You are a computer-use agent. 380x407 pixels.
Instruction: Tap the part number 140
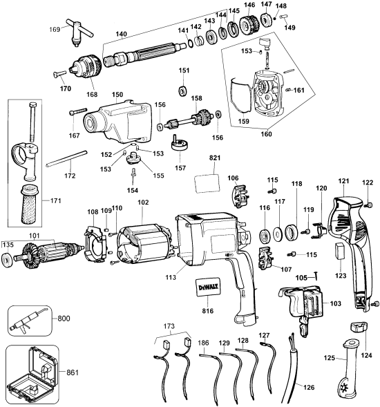coord(122,34)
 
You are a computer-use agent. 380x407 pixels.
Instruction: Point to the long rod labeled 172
coord(68,163)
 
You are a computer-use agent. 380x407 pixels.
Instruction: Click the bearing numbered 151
coord(184,91)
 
